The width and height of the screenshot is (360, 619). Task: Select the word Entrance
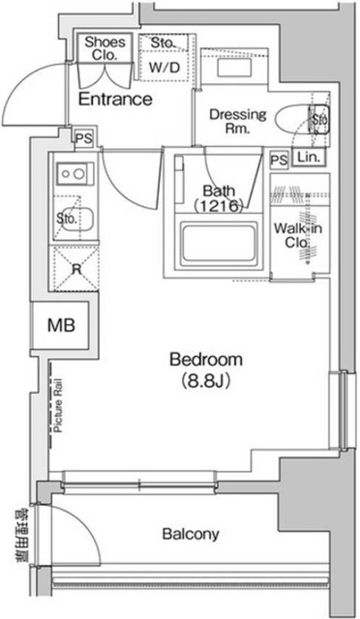pos(115,99)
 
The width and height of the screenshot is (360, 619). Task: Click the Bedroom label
pos(206,360)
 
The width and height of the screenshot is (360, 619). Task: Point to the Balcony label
pos(191,533)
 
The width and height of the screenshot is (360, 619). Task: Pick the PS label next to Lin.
pos(280,159)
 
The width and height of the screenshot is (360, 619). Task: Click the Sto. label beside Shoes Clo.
pos(163,43)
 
